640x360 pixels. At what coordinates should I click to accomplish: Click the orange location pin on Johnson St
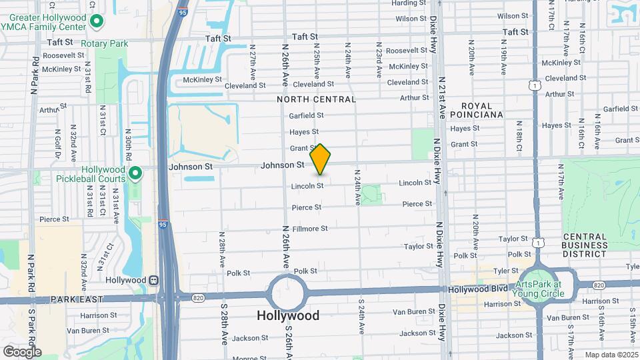tap(320, 159)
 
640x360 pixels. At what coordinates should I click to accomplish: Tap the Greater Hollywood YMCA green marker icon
tap(97, 21)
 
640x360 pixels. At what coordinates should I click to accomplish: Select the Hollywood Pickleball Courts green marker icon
tap(135, 174)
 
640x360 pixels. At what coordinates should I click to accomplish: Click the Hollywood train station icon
tap(153, 281)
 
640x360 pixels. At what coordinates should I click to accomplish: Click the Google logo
tap(22, 351)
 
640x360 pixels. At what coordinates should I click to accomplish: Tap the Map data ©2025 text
tap(611, 355)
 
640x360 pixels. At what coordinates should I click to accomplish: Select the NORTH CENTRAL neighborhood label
tap(317, 99)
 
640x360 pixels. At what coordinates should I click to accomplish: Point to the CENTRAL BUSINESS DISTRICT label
tap(585, 245)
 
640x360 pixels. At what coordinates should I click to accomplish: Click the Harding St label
tap(409, 3)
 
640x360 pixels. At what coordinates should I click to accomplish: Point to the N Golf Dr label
tap(58, 141)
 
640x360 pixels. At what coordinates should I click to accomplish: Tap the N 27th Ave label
tap(253, 67)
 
